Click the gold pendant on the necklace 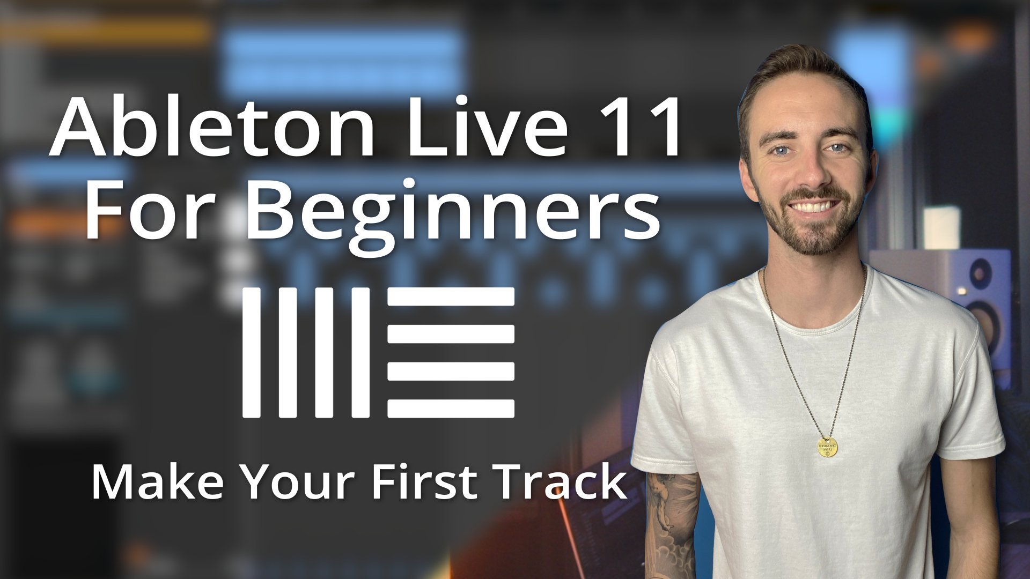coord(828,447)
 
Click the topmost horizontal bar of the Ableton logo coord(451,296)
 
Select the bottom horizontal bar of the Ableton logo coord(451,409)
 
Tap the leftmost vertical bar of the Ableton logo coord(251,352)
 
